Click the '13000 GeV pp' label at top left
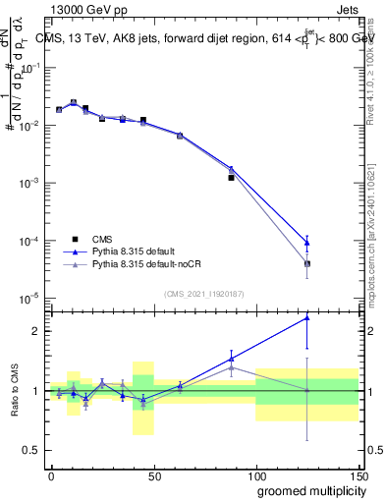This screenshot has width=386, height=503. tap(88, 9)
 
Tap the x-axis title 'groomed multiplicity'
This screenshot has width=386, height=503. tap(305, 490)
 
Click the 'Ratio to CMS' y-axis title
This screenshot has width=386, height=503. tap(15, 391)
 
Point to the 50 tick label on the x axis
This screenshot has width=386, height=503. tap(153, 475)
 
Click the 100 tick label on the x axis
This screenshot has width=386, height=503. tap(255, 475)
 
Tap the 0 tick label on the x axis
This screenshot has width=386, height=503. tap(51, 475)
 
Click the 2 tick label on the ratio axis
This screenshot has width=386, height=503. tap(33, 331)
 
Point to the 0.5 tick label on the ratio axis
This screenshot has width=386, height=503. tap(29, 450)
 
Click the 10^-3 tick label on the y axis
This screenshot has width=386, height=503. tap(28, 184)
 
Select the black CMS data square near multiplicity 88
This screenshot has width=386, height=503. tap(231, 178)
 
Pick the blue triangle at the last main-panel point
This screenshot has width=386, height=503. tap(307, 243)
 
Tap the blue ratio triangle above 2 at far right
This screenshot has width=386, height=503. tap(307, 317)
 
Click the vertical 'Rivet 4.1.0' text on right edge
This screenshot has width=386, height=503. tap(376, 69)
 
